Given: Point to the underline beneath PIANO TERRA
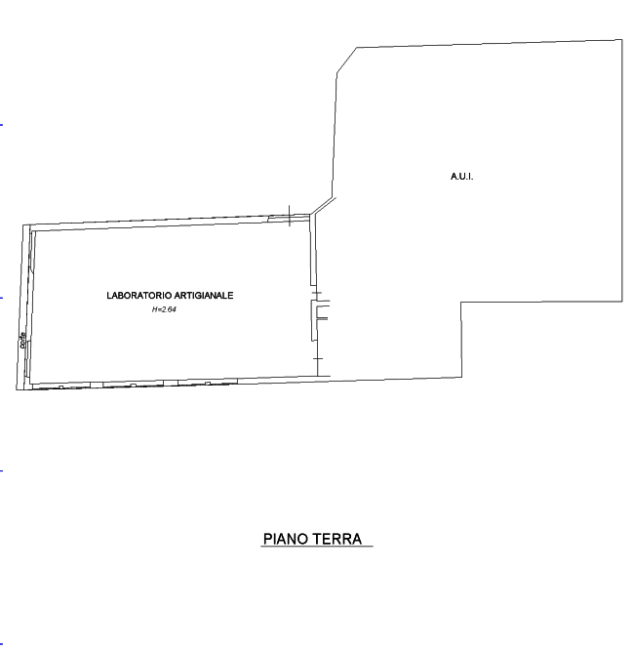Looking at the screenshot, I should click(x=317, y=547).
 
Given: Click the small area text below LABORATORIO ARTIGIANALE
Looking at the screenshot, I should click(x=164, y=309).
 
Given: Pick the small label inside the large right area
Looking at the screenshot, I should click(x=460, y=177).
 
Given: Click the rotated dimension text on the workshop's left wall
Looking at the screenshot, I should click(x=22, y=338).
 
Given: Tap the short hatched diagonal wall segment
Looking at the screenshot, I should click(x=323, y=207).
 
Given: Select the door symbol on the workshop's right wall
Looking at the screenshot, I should click(x=320, y=312).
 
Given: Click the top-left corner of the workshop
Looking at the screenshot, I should click(x=24, y=225).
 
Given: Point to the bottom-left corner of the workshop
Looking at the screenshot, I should click(x=19, y=388).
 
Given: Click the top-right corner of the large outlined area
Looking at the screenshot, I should click(x=621, y=39).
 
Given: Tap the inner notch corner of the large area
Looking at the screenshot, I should click(x=461, y=303).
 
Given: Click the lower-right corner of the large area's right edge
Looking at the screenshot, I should click(x=622, y=302).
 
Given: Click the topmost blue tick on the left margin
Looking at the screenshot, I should click(x=1, y=125).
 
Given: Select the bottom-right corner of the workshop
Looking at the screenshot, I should click(x=319, y=377).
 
